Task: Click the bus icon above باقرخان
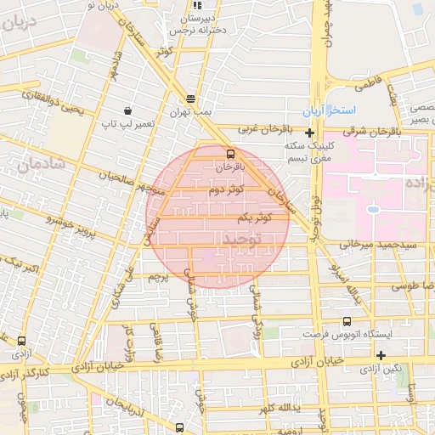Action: pos(230,154)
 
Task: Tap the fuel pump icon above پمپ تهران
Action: pos(189,98)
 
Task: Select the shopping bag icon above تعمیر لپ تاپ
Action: pos(127,110)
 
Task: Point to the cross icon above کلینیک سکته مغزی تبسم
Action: pos(309,133)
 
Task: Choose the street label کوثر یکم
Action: pos(254,218)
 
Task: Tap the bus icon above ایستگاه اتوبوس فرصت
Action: pos(346,321)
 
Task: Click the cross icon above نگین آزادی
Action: pos(381,355)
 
